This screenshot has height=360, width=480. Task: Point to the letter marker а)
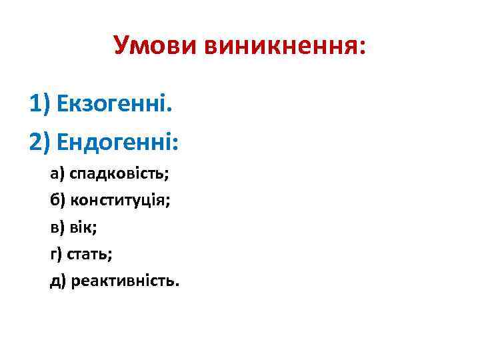pyautogui.click(x=57, y=175)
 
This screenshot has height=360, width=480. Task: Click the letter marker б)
pyautogui.click(x=57, y=201)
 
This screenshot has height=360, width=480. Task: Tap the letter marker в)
pyautogui.click(x=57, y=227)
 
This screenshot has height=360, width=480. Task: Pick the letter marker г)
pyautogui.click(x=57, y=254)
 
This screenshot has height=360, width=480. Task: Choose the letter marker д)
pyautogui.click(x=58, y=281)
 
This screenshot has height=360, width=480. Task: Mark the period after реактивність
pyautogui.click(x=177, y=285)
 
